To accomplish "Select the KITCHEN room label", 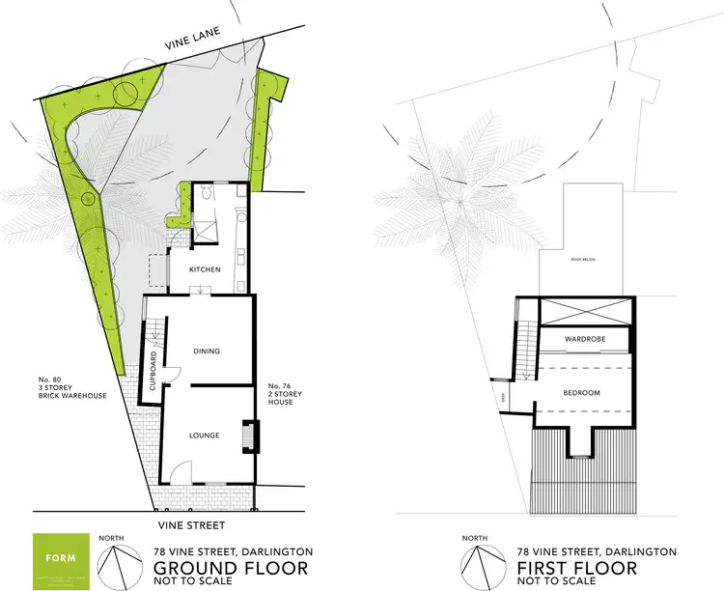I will tap(205, 269).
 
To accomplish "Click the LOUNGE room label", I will tap(204, 436).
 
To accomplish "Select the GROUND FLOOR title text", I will tap(231, 567).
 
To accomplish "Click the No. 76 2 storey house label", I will tap(283, 394).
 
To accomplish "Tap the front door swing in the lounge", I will tap(181, 473).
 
